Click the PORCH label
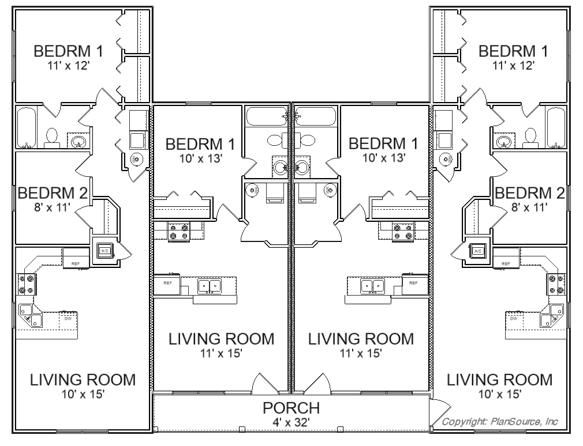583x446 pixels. pos(291,408)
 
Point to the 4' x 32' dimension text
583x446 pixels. pos(291,422)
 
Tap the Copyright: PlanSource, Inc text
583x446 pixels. pos(500,422)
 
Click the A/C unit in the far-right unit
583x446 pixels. pos(478,251)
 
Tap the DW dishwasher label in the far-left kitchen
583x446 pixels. pos(68,318)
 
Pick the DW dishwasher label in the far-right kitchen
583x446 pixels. pos(514,318)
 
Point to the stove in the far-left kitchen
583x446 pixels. pos(25,284)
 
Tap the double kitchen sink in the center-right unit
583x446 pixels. pos(372,286)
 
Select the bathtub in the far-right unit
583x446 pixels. pos(555,128)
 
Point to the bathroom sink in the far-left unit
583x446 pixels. pos(78,141)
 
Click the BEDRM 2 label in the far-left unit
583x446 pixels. pos(53,193)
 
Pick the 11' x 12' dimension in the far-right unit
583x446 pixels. pos(514,66)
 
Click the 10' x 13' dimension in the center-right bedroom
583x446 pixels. pos(384,158)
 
